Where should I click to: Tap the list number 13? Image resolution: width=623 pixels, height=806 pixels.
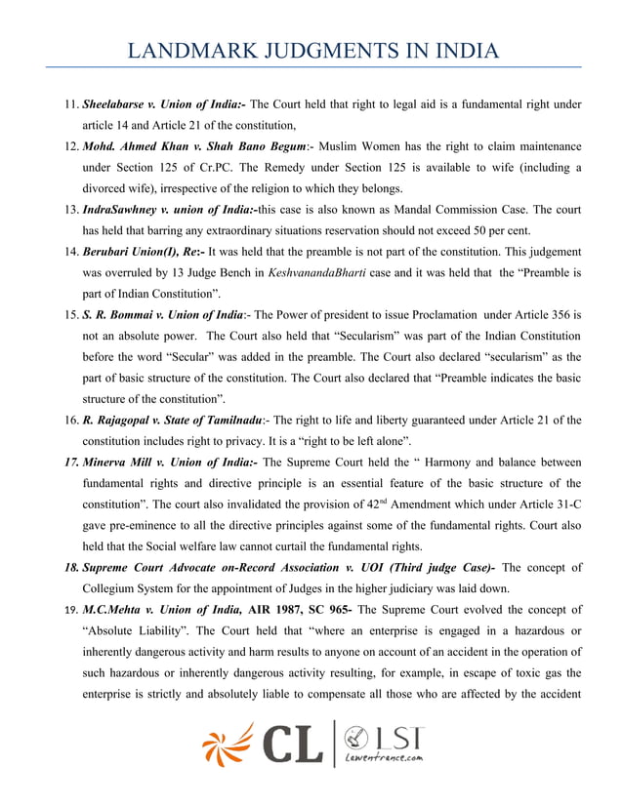coord(71,210)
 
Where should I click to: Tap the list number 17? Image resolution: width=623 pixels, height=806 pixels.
coord(69,463)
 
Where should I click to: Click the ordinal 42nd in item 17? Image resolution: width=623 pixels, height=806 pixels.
coord(388,504)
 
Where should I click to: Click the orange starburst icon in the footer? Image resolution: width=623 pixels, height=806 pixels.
coord(228,745)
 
